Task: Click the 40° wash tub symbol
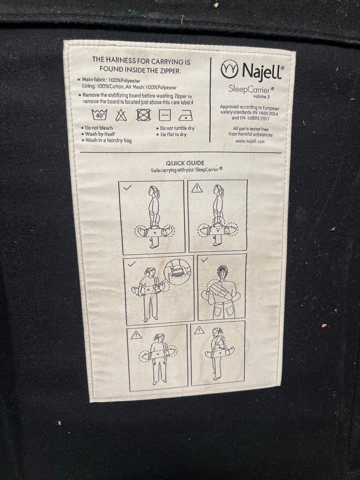click(x=99, y=114)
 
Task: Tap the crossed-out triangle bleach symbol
click(x=121, y=115)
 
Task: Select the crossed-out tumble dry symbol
click(x=144, y=115)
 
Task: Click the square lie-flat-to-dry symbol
click(x=165, y=115)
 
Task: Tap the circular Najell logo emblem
click(x=229, y=69)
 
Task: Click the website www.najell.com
click(x=250, y=141)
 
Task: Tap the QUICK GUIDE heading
click(x=185, y=163)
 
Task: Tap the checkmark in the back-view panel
click(x=205, y=260)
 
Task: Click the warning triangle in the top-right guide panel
click(x=197, y=188)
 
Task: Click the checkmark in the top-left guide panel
click(x=127, y=187)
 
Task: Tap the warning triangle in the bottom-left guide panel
click(x=136, y=335)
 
